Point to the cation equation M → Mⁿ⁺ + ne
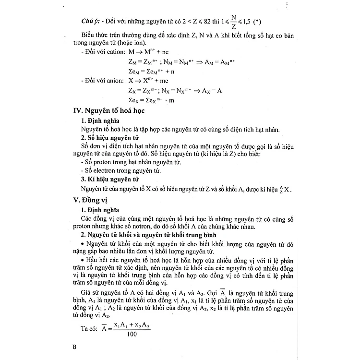[149, 52]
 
